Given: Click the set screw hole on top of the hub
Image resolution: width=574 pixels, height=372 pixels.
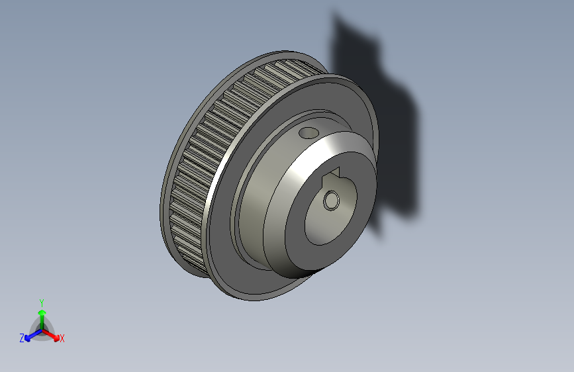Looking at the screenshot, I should (308, 133).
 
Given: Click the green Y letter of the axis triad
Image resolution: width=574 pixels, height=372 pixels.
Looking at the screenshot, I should (42, 301).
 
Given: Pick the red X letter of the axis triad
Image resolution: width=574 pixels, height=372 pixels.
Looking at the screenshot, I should (62, 339).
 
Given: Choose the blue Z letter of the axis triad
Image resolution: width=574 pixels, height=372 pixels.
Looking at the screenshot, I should (22, 338).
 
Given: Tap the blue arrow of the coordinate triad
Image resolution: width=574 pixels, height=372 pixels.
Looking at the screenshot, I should (30, 334).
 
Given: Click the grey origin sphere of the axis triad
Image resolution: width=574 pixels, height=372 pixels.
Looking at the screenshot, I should (41, 329).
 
